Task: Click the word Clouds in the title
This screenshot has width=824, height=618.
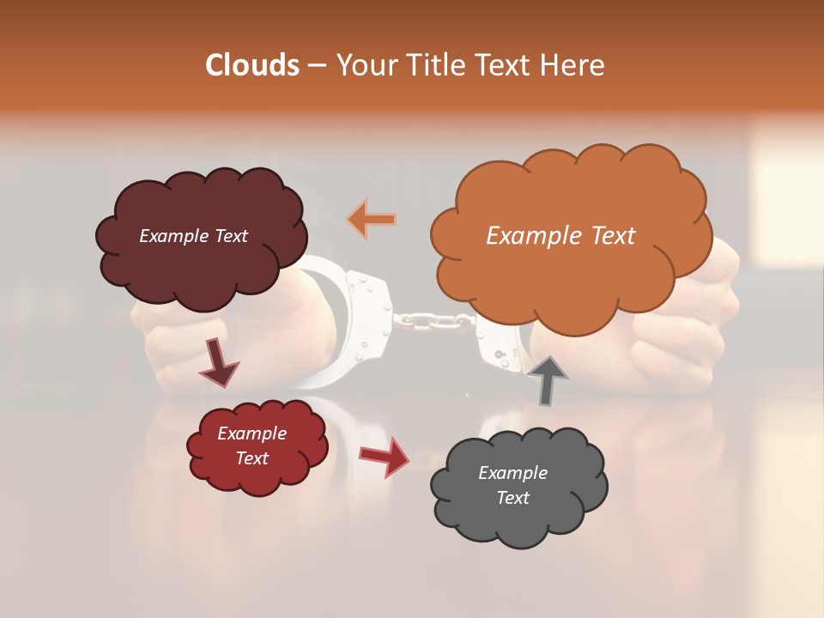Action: click(x=252, y=65)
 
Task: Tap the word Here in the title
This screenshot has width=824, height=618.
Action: click(x=575, y=65)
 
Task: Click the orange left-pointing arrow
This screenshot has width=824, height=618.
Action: click(x=373, y=219)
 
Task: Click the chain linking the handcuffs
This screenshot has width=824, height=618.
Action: click(x=433, y=321)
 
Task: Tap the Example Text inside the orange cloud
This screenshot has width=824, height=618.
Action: click(x=560, y=236)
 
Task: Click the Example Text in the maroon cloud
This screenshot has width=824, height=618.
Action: click(x=193, y=236)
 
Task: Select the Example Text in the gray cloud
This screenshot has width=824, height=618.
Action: click(x=512, y=485)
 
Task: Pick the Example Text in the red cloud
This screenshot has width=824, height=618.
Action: click(x=251, y=445)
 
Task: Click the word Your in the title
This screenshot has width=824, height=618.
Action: click(x=365, y=65)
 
